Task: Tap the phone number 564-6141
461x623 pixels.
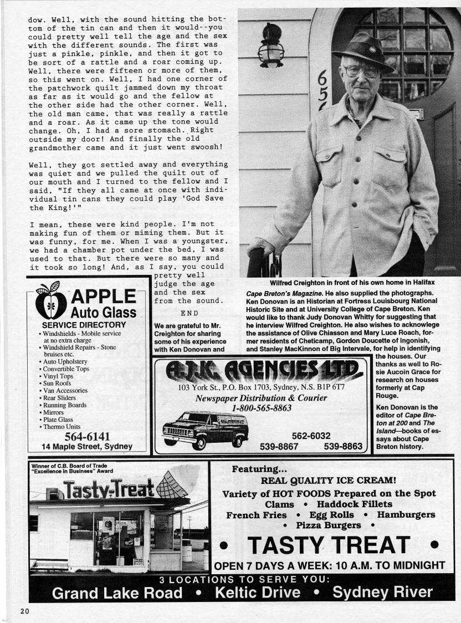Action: coord(87,436)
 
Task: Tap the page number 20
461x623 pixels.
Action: coord(24,611)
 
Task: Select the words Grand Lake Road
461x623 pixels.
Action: coord(117,593)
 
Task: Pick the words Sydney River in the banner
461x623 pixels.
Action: coord(382,592)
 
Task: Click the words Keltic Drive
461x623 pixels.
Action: coord(257,593)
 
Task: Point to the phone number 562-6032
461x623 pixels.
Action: coord(311,436)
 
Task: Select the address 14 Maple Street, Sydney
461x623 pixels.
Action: coord(87,446)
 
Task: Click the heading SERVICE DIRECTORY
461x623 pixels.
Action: coord(84,325)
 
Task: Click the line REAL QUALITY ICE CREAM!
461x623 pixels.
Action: coord(328,480)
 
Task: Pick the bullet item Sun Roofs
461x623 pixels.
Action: coord(57,383)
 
